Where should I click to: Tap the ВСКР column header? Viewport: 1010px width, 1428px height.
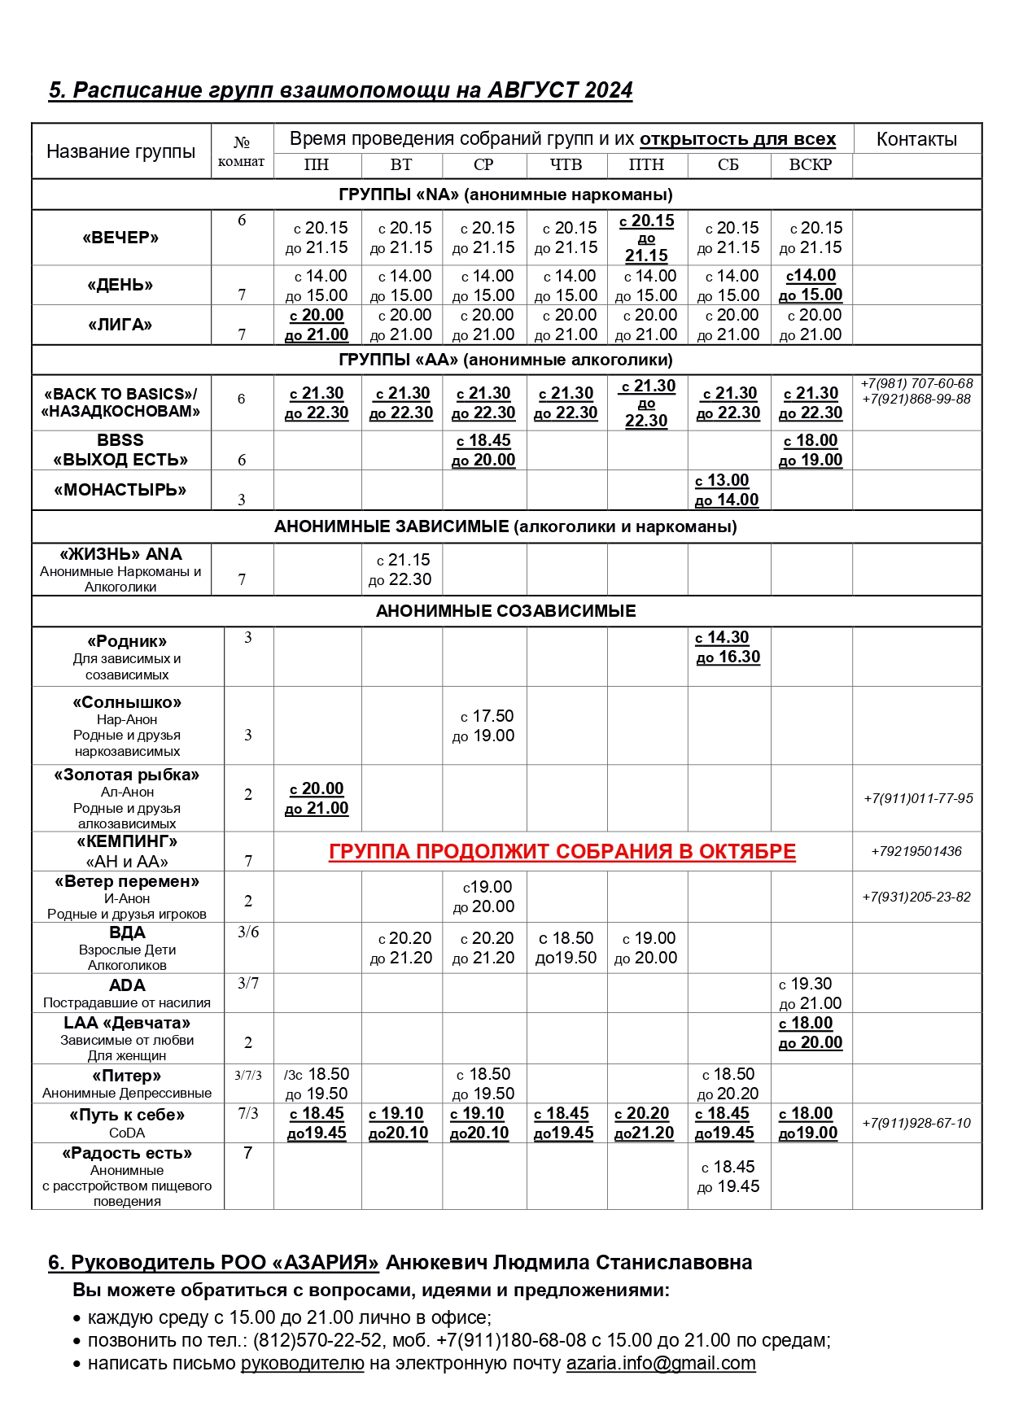tap(811, 164)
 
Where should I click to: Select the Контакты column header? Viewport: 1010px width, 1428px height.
tap(916, 139)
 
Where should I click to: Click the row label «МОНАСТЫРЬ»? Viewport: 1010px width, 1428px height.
tap(120, 490)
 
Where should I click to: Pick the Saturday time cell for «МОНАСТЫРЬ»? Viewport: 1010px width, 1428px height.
tap(728, 490)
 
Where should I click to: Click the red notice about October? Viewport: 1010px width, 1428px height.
tap(562, 851)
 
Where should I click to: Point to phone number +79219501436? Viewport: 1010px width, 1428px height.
tap(916, 851)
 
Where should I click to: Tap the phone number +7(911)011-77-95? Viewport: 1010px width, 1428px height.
tap(918, 798)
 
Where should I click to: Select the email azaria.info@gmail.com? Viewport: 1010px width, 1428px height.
tap(661, 1363)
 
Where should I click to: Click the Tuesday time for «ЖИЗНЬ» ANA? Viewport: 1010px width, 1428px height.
tap(401, 570)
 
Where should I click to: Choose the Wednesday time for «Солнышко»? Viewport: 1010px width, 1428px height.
tap(484, 726)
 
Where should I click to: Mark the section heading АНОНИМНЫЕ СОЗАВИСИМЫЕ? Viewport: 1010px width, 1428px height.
tap(505, 611)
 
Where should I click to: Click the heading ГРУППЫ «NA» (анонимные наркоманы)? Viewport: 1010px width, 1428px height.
tap(505, 194)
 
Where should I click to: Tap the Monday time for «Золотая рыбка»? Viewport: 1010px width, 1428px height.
tap(317, 798)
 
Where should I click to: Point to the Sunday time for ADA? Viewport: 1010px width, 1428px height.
tap(811, 993)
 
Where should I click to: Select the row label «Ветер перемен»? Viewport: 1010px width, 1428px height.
tap(127, 881)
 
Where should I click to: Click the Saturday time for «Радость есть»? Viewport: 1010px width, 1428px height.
tap(728, 1177)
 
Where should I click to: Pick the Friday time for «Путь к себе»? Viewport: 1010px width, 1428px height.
tap(645, 1123)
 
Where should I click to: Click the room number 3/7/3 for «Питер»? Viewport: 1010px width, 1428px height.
tap(248, 1076)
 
